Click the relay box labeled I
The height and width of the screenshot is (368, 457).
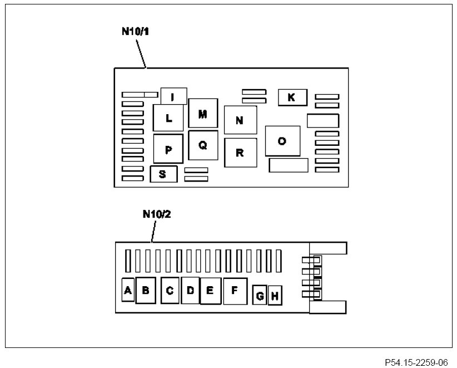(x=173, y=96)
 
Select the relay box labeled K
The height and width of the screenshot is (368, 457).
(x=291, y=97)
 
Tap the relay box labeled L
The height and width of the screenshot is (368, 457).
(x=168, y=118)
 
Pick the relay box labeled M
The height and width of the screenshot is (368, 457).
(x=202, y=114)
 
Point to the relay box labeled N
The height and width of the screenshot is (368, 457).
(x=240, y=120)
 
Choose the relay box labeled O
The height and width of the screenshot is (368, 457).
(x=282, y=141)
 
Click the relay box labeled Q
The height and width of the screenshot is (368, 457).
(x=202, y=145)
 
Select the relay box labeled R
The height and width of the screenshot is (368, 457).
(x=240, y=153)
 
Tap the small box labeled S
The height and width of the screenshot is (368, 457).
(x=163, y=174)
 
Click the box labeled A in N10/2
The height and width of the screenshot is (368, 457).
(x=128, y=290)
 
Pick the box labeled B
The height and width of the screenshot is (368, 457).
(x=146, y=290)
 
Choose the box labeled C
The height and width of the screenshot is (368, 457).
(x=171, y=290)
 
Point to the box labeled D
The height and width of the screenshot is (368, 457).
(x=190, y=290)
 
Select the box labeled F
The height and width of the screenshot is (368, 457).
(x=234, y=290)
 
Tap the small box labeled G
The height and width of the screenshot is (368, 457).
(x=260, y=295)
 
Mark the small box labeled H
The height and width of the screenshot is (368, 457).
(x=274, y=296)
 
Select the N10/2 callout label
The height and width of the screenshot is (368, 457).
(x=156, y=214)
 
